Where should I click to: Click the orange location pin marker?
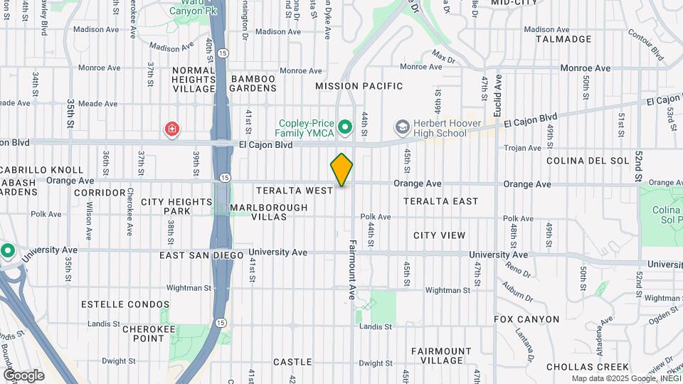[341, 170]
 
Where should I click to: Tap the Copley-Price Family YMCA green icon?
[346, 128]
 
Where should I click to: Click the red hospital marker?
[171, 129]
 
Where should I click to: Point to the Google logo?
[23, 375]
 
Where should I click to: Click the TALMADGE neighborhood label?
[563, 39]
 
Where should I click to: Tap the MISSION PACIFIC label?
[359, 86]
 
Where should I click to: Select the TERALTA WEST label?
[295, 191]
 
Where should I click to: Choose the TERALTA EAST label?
[441, 201]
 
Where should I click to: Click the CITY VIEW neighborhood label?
[440, 235]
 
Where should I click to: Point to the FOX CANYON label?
[526, 319]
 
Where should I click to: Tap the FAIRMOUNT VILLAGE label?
[441, 356]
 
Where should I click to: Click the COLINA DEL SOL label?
[588, 161]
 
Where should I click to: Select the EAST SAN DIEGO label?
[201, 255]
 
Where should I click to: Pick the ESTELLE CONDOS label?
[116, 304]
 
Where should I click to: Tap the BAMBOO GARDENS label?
[253, 83]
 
